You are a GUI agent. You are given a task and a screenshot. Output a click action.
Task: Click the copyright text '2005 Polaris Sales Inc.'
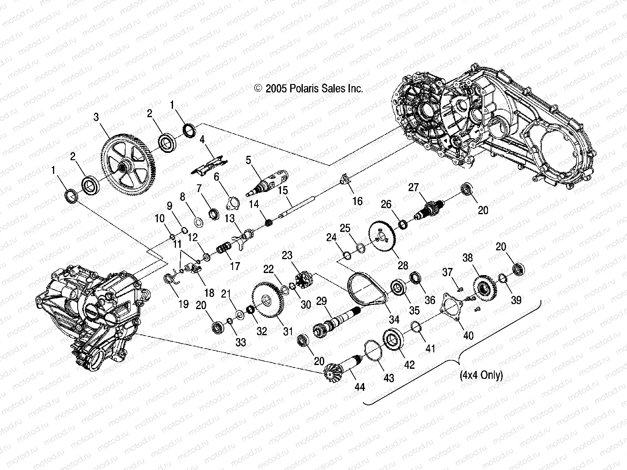pos(309,89)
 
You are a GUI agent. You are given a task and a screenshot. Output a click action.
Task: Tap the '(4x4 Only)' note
pos(481,375)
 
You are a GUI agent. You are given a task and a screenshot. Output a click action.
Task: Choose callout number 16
pos(357,202)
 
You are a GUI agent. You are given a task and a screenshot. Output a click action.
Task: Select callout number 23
pos(287,256)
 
